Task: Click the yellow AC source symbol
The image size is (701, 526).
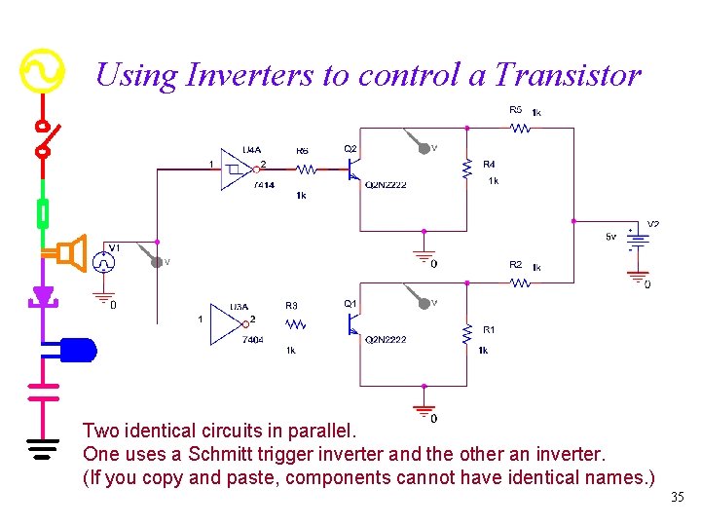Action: tap(42, 71)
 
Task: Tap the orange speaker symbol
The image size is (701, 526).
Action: tap(71, 253)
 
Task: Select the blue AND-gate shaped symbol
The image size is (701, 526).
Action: tap(78, 348)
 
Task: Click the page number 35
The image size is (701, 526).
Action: tap(678, 498)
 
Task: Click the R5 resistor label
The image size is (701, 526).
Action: tap(515, 109)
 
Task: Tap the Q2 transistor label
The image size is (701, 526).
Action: tap(350, 148)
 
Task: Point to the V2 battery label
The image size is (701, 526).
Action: tap(653, 224)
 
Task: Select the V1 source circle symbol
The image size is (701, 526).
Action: tap(103, 262)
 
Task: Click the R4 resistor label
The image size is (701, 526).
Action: tap(489, 164)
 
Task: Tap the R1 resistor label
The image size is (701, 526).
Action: tap(489, 330)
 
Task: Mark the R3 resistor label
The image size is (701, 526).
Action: tap(291, 306)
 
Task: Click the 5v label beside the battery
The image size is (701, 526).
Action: tap(610, 237)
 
